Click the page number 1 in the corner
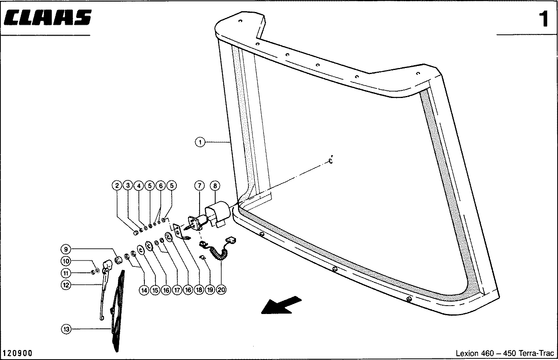[x=543, y=19]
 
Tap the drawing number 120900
[x=18, y=353]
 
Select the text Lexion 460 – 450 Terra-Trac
[x=505, y=353]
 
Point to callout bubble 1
[x=200, y=142]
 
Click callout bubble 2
[x=117, y=186]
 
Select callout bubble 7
[x=199, y=186]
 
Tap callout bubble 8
[x=215, y=186]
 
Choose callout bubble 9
[x=66, y=249]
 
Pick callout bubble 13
[x=66, y=329]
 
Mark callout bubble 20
[x=221, y=290]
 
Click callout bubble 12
[x=66, y=285]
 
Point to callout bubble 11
[x=66, y=273]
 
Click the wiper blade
[x=117, y=312]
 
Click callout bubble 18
[x=199, y=290]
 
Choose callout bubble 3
[x=128, y=186]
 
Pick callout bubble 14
[x=144, y=290]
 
